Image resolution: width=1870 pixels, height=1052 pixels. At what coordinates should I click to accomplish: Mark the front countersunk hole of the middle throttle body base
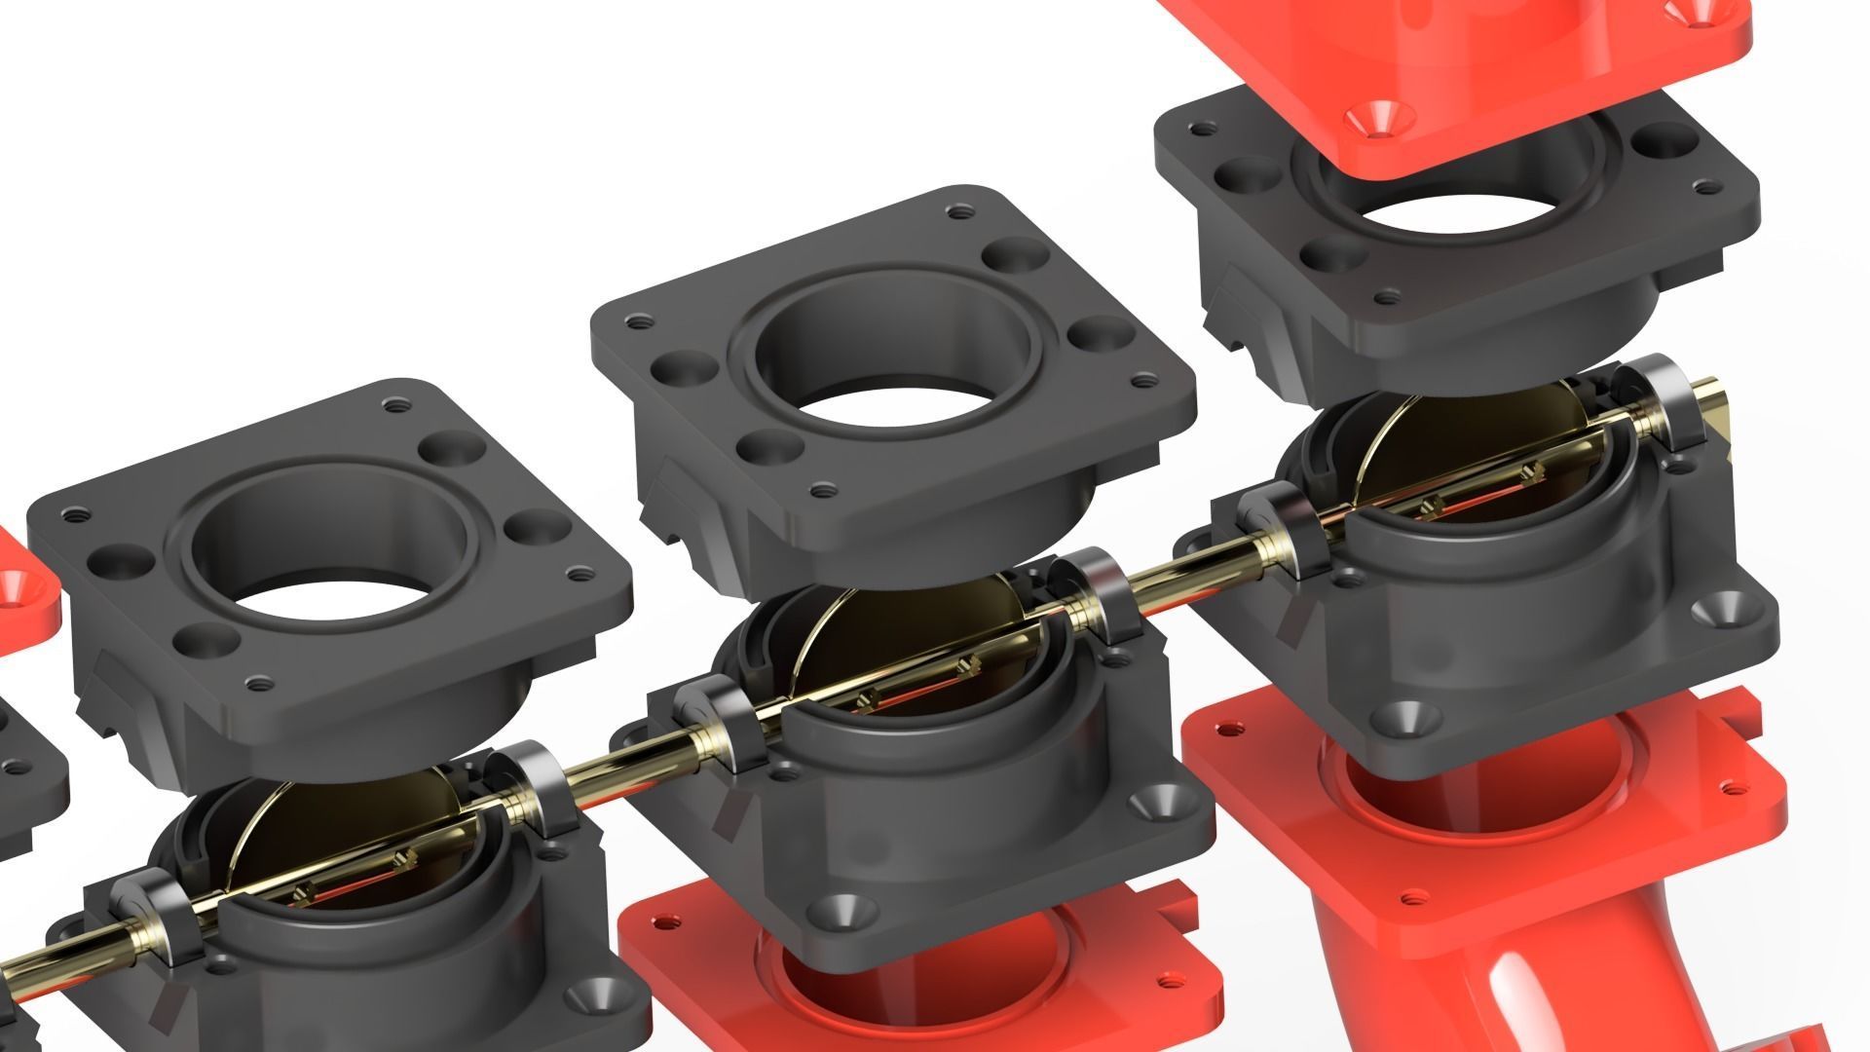(x=837, y=911)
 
